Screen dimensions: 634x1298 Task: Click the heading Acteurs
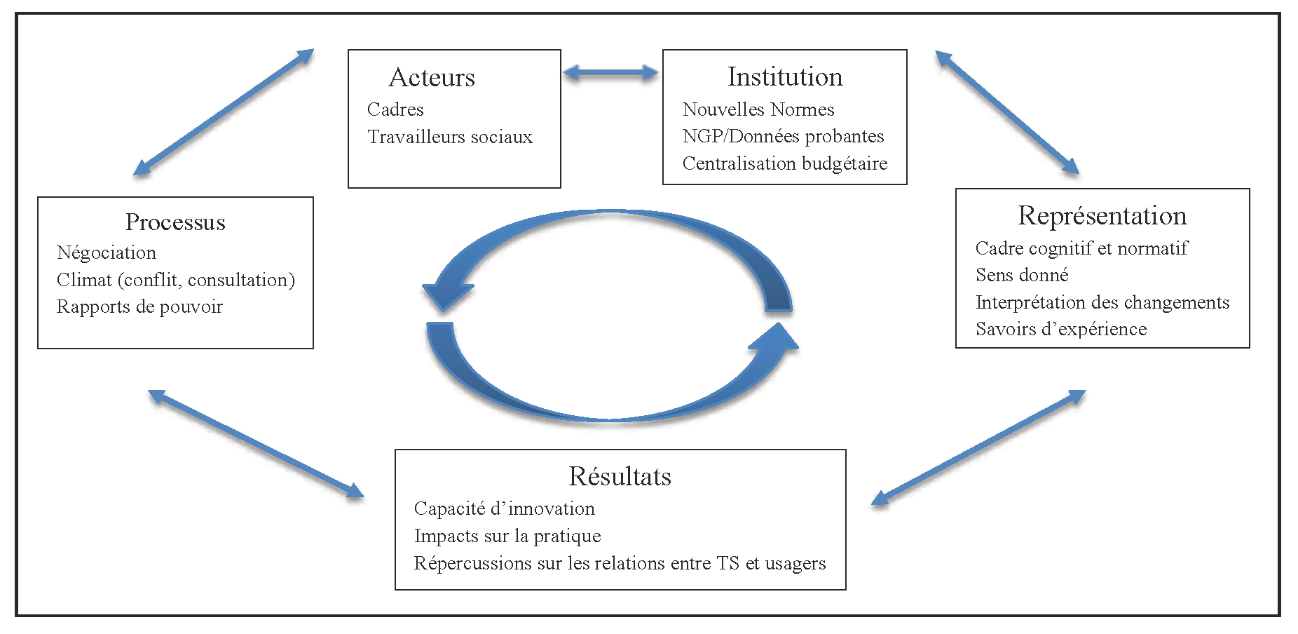(432, 78)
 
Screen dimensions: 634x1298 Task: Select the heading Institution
(785, 77)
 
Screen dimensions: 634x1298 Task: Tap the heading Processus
(175, 222)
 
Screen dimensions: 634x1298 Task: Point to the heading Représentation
(1102, 216)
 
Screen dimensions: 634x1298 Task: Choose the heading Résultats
(620, 477)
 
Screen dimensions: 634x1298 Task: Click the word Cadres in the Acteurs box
(395, 110)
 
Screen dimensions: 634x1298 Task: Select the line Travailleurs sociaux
(450, 137)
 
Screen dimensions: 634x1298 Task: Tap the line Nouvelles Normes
(758, 110)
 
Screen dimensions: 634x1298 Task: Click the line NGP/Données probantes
(783, 137)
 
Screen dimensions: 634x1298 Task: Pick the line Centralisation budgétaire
(785, 164)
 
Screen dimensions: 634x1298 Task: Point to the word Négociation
(107, 253)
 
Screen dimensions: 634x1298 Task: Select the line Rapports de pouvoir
(139, 307)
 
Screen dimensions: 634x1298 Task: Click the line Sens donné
(1022, 276)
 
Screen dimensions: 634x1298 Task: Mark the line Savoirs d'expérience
(1061, 330)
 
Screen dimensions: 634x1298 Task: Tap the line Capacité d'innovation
(504, 509)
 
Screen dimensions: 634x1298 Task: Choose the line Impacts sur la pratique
(507, 537)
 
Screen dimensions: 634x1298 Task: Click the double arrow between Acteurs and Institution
(610, 72)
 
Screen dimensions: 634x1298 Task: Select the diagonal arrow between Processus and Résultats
(256, 443)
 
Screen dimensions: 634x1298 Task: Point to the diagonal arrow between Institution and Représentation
(1006, 112)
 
